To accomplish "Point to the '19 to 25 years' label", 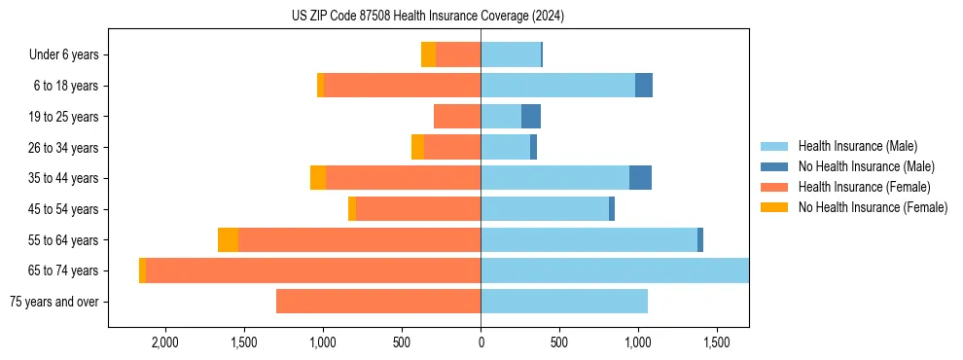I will pos(63,117).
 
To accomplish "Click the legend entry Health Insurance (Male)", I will pos(857,147).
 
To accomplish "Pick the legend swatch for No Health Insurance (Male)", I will pos(774,167).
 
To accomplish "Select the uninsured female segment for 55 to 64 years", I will pos(228,240).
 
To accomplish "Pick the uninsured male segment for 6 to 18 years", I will pos(644,86).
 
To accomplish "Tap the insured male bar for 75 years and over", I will pos(564,302).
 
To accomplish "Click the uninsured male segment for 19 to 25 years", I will pos(531,117).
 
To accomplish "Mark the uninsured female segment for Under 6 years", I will pos(428,55).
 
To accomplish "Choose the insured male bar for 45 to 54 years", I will pos(545,209).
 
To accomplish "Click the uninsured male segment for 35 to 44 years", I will pos(640,178).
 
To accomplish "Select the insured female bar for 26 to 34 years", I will pos(452,147).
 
